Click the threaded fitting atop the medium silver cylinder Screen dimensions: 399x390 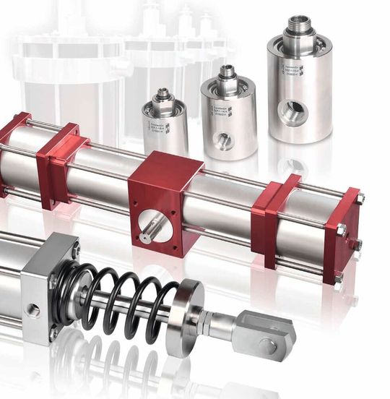point(227,72)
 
